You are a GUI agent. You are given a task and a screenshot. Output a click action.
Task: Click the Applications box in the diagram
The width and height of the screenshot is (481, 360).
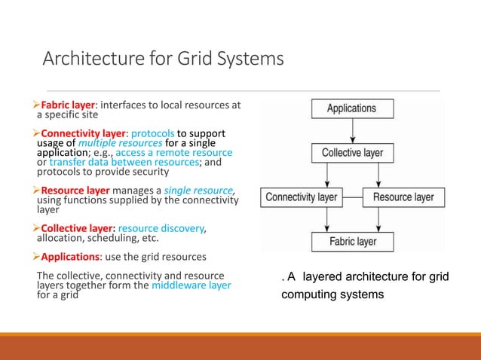click(351, 108)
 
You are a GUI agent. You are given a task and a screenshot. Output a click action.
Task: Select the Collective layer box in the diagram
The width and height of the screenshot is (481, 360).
click(352, 153)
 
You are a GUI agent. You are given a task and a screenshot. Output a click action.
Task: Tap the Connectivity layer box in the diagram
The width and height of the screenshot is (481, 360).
click(301, 197)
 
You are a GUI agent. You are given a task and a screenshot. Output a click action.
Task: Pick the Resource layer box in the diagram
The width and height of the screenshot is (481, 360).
click(403, 197)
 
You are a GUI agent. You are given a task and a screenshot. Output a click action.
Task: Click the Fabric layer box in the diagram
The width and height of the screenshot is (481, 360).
click(352, 242)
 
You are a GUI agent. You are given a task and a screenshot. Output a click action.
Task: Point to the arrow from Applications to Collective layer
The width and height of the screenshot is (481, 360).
click(352, 131)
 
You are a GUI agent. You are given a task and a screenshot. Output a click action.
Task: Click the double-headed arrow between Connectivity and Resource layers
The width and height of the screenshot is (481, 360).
click(351, 197)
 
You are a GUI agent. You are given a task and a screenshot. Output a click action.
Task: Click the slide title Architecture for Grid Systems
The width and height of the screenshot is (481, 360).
click(163, 58)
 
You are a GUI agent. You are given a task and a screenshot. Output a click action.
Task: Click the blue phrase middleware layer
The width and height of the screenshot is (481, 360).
click(191, 285)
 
